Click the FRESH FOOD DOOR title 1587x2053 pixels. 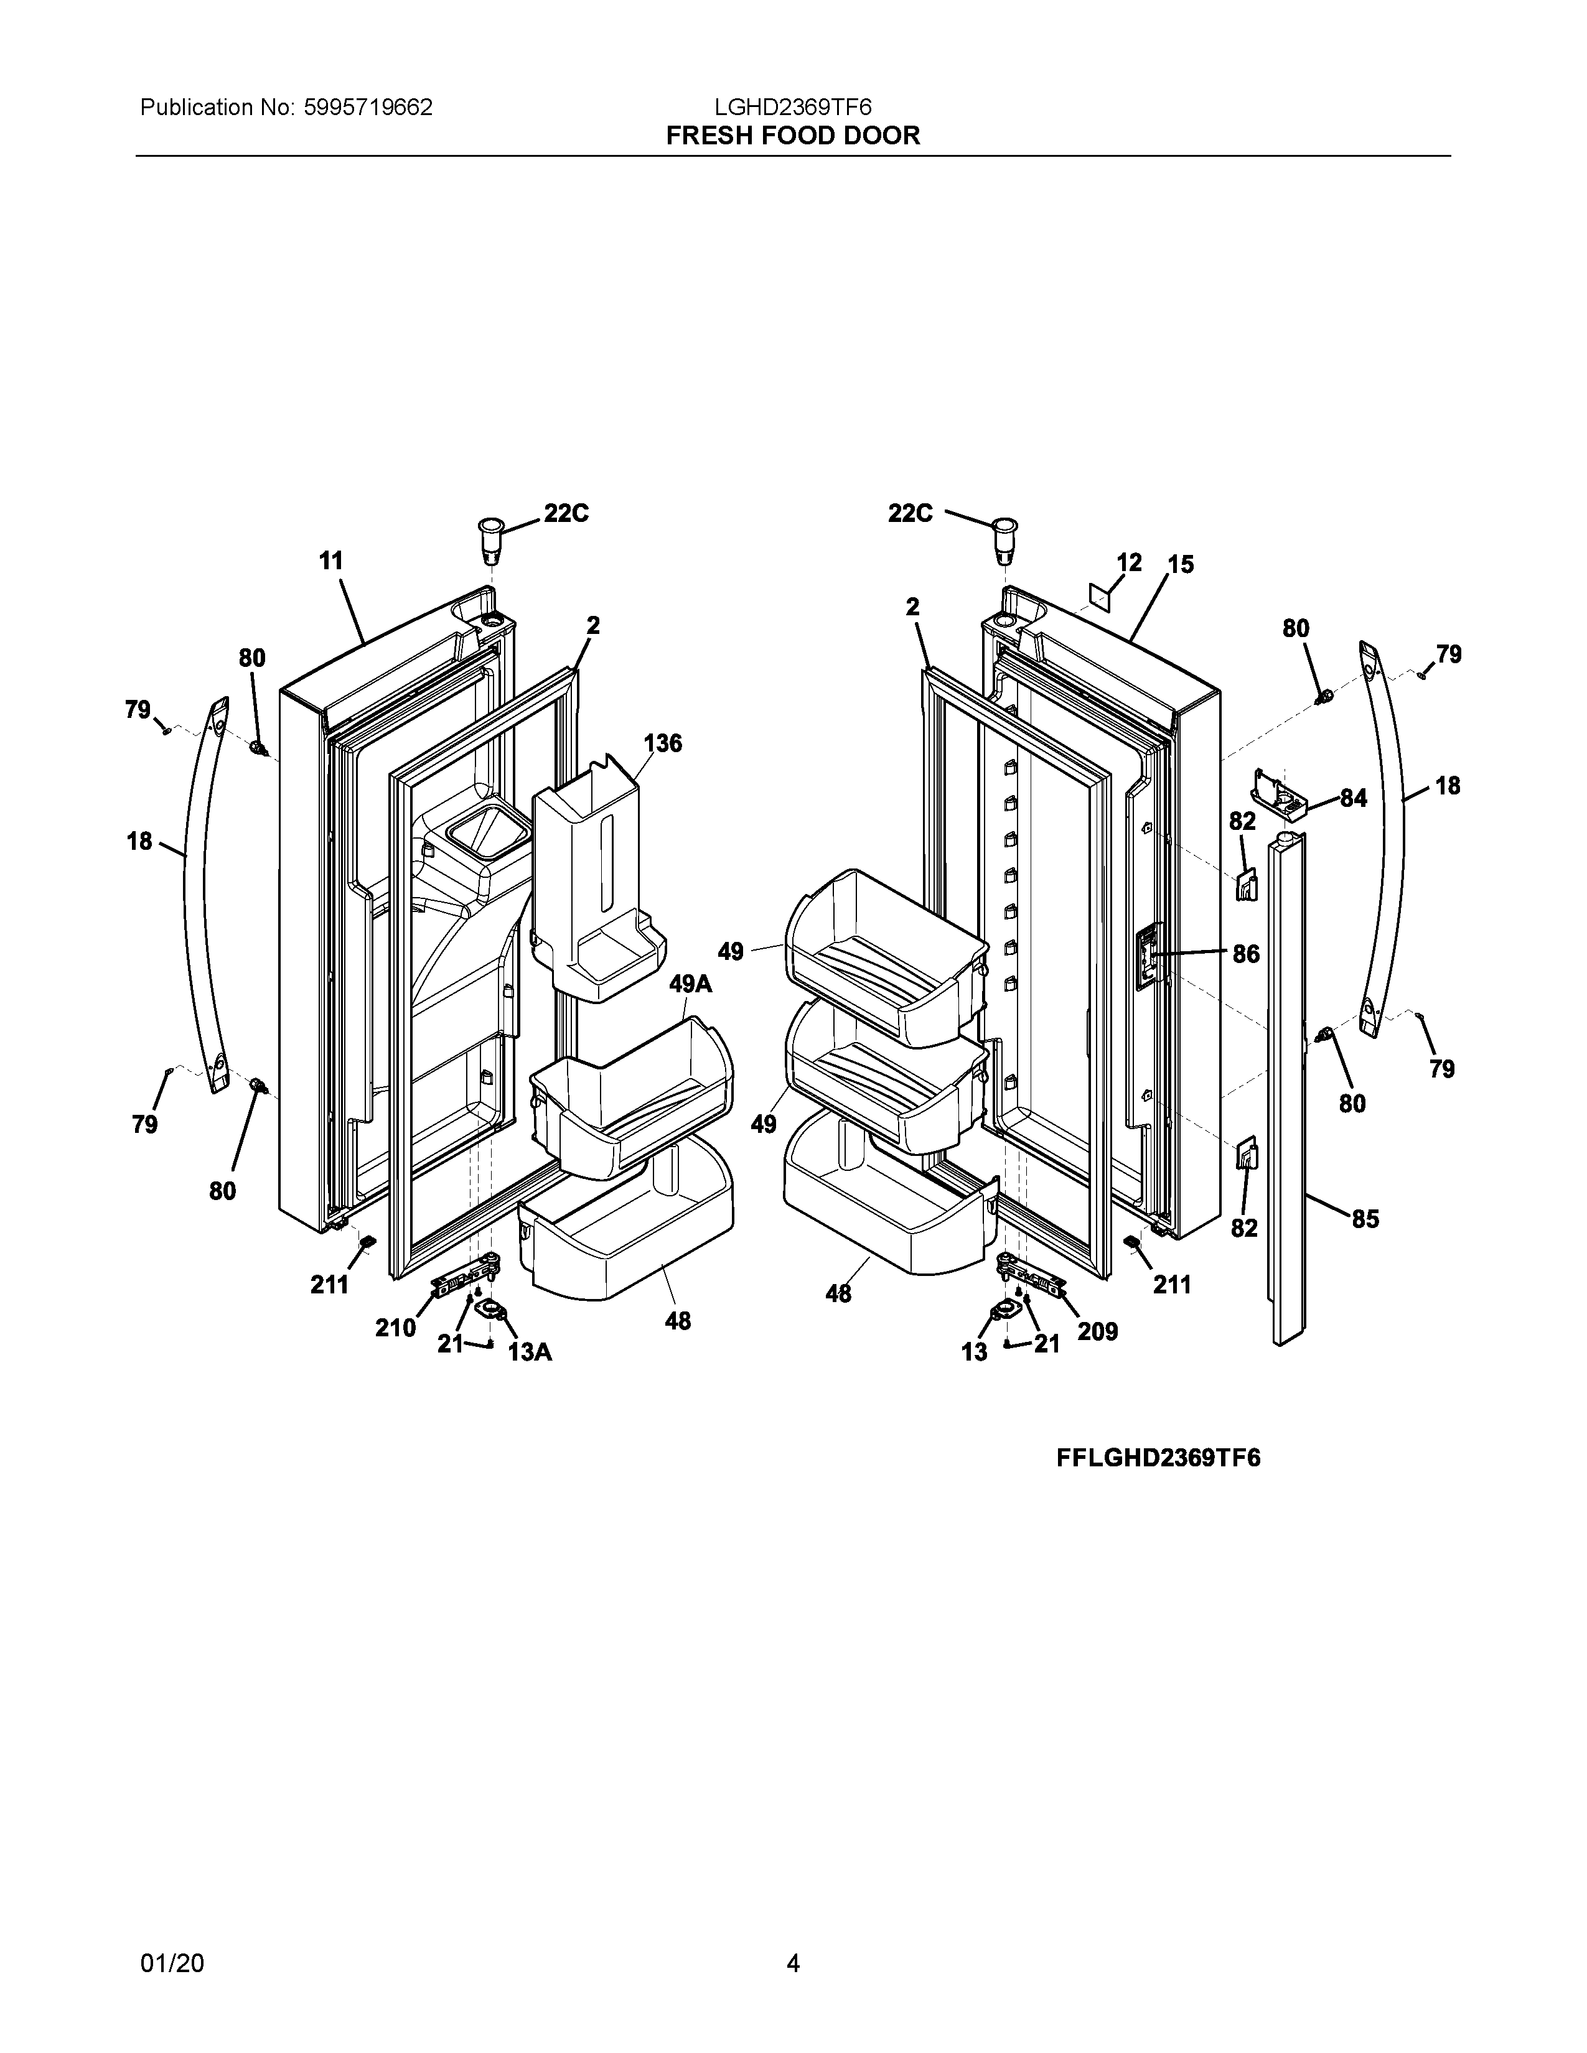[792, 136]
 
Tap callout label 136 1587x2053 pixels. [663, 743]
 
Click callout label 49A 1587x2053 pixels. [691, 984]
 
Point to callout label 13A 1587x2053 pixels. [530, 1352]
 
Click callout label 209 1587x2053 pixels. [1097, 1331]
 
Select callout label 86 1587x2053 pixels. [1246, 954]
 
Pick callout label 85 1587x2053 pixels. [1365, 1219]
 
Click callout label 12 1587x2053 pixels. [1129, 562]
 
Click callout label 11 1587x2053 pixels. [331, 561]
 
